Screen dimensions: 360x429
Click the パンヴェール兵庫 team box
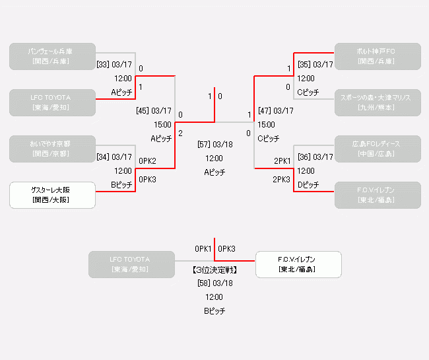(x=52, y=56)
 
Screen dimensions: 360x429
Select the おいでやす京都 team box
(x=52, y=149)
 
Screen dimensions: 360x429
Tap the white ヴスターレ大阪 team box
(x=52, y=195)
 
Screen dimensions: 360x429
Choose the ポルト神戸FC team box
(x=377, y=56)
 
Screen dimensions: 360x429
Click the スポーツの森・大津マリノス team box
(x=377, y=102)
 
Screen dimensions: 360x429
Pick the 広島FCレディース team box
(x=377, y=149)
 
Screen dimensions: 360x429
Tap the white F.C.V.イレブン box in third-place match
(x=298, y=264)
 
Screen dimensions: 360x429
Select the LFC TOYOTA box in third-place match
(x=131, y=264)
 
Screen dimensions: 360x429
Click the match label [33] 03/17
(x=114, y=65)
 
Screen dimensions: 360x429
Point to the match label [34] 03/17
(x=114, y=157)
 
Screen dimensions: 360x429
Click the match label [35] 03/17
(x=315, y=65)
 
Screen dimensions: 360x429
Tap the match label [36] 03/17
(x=315, y=157)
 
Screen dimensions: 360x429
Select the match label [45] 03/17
(x=153, y=111)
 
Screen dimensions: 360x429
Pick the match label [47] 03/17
(x=276, y=111)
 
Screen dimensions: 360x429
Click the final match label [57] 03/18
(x=214, y=145)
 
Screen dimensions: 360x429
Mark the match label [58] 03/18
(x=214, y=283)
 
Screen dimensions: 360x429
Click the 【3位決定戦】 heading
(x=214, y=270)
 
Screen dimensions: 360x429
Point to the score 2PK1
(x=282, y=161)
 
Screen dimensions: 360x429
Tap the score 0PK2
(x=147, y=161)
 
